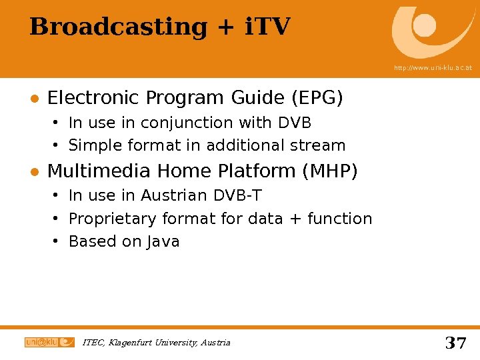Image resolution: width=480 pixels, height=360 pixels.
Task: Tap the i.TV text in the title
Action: pyautogui.click(x=267, y=27)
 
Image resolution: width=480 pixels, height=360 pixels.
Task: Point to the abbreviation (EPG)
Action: pyautogui.click(x=317, y=99)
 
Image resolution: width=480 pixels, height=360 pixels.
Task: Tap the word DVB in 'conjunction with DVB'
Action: pyautogui.click(x=295, y=123)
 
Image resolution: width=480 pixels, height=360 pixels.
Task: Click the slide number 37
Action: pyautogui.click(x=455, y=343)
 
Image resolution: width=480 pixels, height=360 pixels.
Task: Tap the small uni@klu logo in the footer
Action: pyautogui.click(x=49, y=342)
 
